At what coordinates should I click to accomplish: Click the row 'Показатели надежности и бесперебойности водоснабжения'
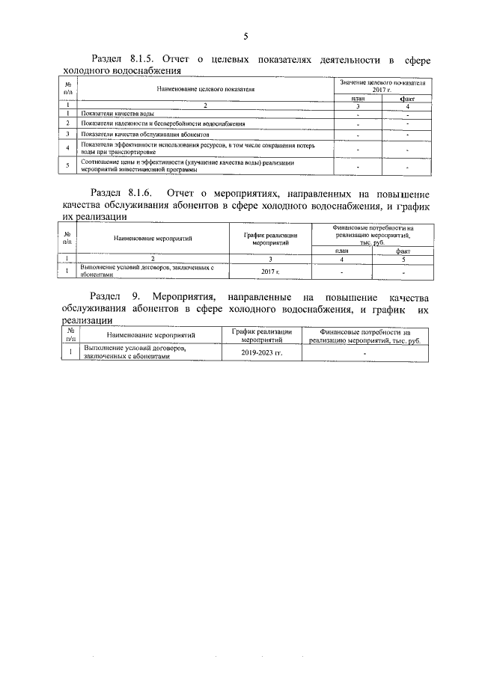tap(155, 123)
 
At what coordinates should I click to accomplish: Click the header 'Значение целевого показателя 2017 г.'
tap(381, 85)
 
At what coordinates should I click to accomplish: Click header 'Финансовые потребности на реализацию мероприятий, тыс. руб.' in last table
tap(364, 334)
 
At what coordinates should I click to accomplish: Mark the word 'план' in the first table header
tap(358, 98)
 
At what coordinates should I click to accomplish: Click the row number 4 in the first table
tap(67, 147)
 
